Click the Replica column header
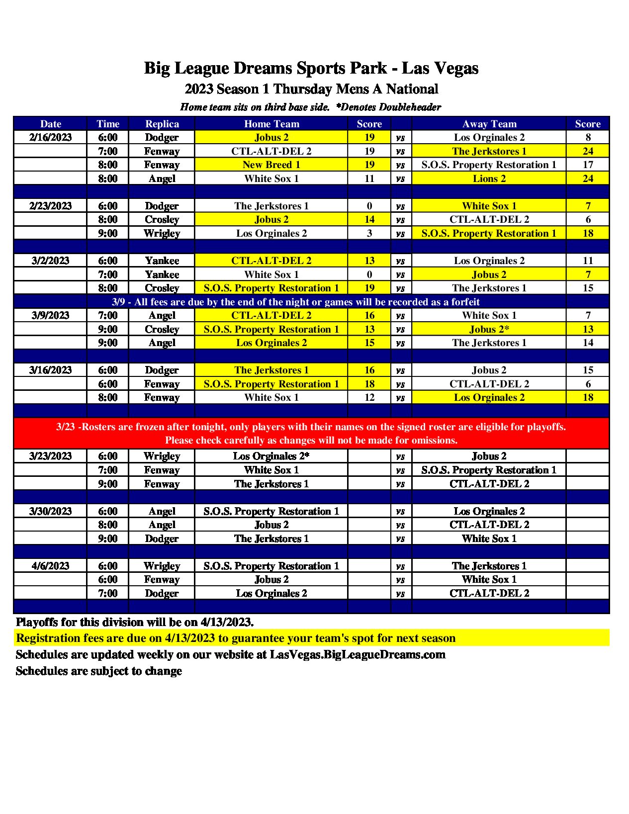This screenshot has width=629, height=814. [x=162, y=124]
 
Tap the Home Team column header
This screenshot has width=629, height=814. [x=271, y=124]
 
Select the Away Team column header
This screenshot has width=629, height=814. [x=489, y=124]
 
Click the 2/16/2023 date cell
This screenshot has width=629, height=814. [x=50, y=138]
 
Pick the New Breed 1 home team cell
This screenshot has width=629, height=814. [x=271, y=165]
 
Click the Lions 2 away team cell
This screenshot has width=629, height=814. [x=489, y=179]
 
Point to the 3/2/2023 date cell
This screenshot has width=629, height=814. [x=50, y=261]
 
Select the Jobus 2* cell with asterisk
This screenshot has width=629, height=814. [x=489, y=329]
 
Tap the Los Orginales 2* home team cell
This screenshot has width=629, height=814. [x=271, y=456]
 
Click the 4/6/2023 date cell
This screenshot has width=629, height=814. [x=50, y=566]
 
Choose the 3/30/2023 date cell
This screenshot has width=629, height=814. [x=50, y=511]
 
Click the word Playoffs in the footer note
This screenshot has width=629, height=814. [x=37, y=622]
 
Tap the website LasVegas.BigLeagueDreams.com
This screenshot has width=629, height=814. [x=358, y=654]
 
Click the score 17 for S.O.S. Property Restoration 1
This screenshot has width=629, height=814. [x=588, y=165]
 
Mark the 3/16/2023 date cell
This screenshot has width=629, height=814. [x=50, y=370]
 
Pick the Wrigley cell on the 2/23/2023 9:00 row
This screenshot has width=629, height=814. [x=162, y=233]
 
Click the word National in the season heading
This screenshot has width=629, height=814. [x=412, y=89]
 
